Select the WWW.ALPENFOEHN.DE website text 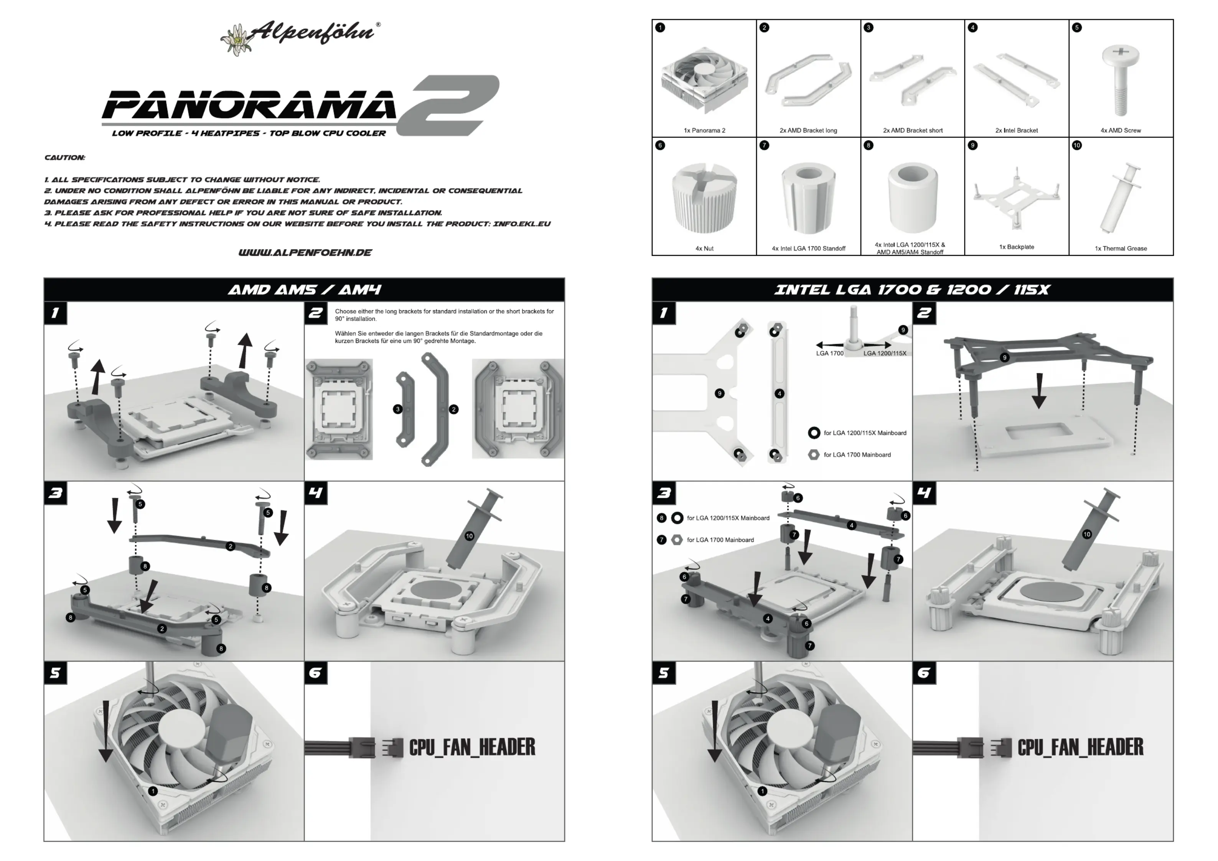pyautogui.click(x=305, y=252)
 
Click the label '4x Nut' pyautogui.click(x=704, y=248)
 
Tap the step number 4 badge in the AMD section pyautogui.click(x=316, y=493)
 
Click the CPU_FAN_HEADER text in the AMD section pyautogui.click(x=471, y=747)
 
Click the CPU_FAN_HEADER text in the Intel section pyautogui.click(x=1080, y=747)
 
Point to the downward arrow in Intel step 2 pyautogui.click(x=1039, y=390)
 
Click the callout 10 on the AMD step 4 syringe pyautogui.click(x=469, y=536)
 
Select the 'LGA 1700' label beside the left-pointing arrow pyautogui.click(x=829, y=353)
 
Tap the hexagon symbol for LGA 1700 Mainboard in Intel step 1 pyautogui.click(x=813, y=454)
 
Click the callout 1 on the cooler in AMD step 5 pyautogui.click(x=153, y=791)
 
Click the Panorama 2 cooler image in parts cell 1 pyautogui.click(x=704, y=79)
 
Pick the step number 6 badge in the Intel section pyautogui.click(x=924, y=673)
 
